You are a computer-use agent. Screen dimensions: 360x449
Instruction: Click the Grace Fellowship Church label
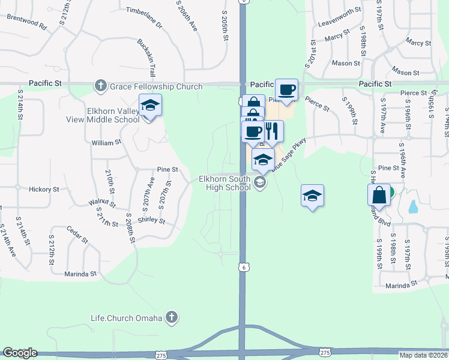pos(155,86)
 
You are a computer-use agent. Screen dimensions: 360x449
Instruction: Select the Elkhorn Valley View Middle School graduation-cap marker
pos(150,107)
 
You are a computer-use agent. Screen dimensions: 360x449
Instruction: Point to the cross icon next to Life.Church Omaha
pos(172,317)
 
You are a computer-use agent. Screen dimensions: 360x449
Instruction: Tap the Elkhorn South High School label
pos(224,183)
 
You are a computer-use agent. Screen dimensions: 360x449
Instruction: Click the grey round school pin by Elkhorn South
pos(260,183)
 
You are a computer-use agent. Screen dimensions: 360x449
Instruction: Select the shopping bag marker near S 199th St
pos(379,194)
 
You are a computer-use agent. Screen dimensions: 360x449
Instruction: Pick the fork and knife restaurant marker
pos(272,131)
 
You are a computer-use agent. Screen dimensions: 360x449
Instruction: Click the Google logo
pos(20,353)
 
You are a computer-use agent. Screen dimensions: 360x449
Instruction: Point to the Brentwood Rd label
pos(26,22)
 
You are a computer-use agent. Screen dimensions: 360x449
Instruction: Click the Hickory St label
pos(44,189)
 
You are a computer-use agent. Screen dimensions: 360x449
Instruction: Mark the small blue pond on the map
pos(413,206)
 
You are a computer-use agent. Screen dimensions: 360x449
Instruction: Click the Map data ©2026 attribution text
pos(424,355)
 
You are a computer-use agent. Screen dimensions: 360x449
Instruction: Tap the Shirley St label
pos(153,220)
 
